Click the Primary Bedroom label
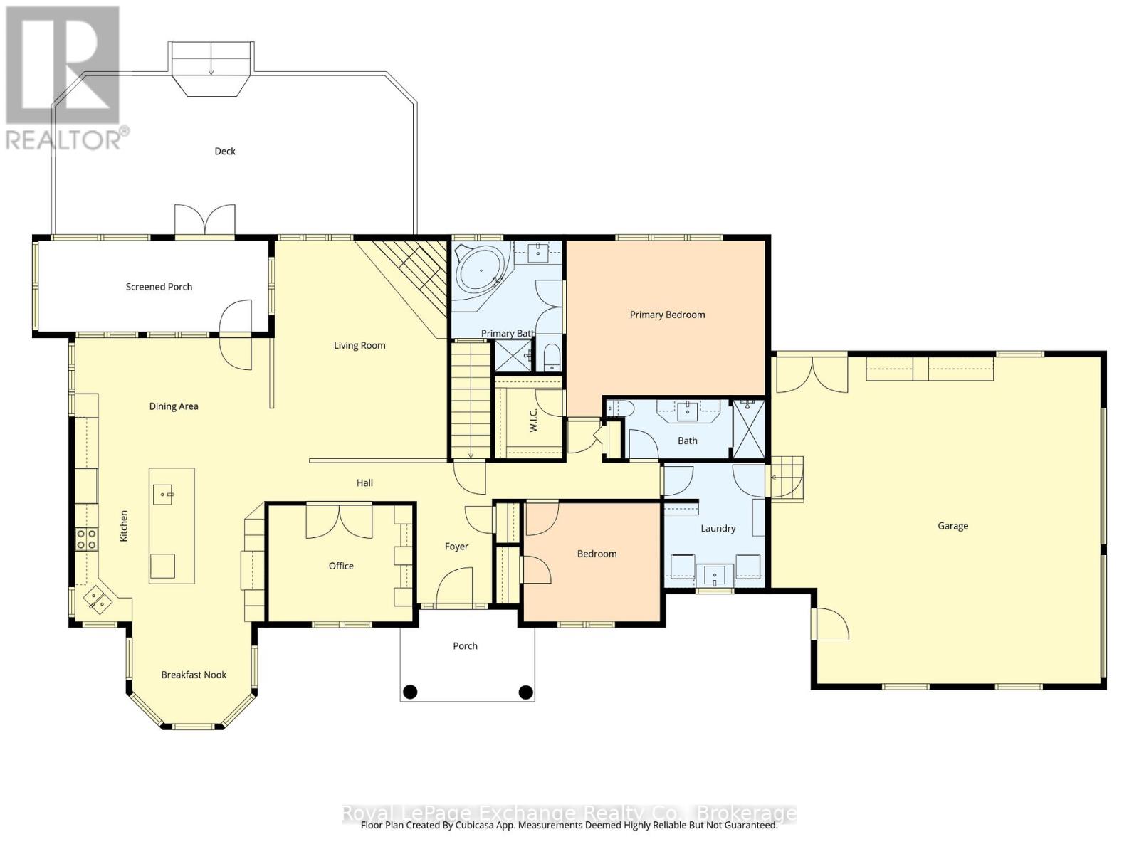tap(667, 315)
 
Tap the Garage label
tap(952, 526)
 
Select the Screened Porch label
tap(159, 287)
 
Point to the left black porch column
tap(410, 691)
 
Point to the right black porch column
tap(525, 691)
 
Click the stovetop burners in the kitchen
tap(87, 539)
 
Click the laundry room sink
tap(714, 574)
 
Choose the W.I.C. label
tap(534, 421)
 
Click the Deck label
tap(225, 151)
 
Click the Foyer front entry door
tap(453, 588)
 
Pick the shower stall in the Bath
tap(749, 429)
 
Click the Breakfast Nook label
tap(194, 675)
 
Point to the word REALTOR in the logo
tap(64, 140)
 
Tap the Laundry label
tap(718, 529)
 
